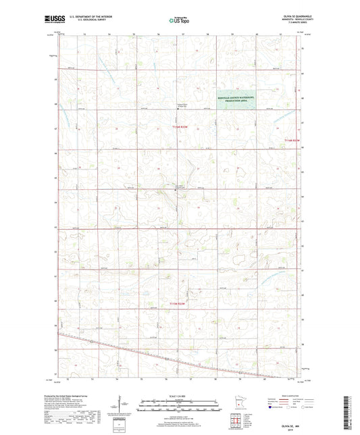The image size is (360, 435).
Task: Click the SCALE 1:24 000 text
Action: click(x=179, y=395)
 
